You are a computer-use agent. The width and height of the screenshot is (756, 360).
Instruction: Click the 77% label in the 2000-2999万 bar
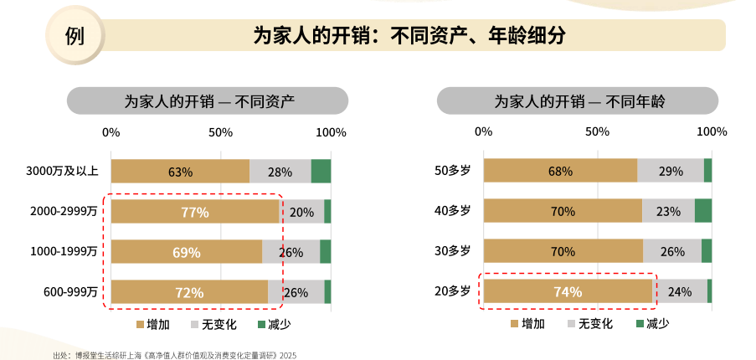195,212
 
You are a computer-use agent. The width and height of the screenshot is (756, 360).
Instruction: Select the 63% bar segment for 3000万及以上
180,172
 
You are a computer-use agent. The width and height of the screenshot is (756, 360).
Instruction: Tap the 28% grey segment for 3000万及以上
280,172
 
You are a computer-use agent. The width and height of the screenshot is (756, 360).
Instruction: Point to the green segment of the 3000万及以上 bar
321,172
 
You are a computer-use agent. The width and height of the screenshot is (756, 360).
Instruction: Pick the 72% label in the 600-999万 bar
189,292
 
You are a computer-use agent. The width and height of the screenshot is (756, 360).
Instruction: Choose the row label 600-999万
70,292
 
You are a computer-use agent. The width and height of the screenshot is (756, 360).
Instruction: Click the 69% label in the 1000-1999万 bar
187,252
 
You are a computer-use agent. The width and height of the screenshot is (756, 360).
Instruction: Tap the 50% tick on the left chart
220,132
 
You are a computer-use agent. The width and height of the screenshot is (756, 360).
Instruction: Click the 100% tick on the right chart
712,132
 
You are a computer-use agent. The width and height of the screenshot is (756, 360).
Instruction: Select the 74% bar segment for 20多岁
568,291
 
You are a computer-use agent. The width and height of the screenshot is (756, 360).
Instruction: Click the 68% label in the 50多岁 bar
560,172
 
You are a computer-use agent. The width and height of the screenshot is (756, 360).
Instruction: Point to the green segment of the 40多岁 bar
702,211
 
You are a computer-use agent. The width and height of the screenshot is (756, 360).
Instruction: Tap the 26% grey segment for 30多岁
672,251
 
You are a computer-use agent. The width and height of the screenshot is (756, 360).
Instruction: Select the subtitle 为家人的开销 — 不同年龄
578,102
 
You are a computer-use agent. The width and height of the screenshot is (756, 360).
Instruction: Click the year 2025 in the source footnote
288,355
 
